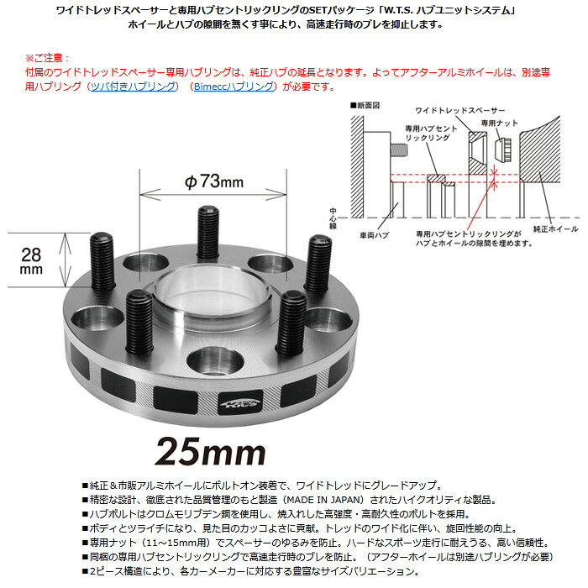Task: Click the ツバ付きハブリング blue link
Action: pyautogui.click(x=133, y=87)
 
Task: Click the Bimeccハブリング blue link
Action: pyautogui.click(x=234, y=87)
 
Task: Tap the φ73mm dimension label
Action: pyautogui.click(x=213, y=181)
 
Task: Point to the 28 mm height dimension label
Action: pyautogui.click(x=31, y=260)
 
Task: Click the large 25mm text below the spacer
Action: pyautogui.click(x=210, y=452)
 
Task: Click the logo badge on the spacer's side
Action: pyautogui.click(x=240, y=403)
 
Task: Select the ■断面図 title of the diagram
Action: pyautogui.click(x=365, y=105)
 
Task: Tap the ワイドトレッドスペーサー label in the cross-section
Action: pyautogui.click(x=460, y=110)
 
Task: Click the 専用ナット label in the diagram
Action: pyautogui.click(x=500, y=123)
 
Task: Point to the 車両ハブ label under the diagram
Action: pyautogui.click(x=375, y=235)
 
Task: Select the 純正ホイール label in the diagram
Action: pyautogui.click(x=556, y=228)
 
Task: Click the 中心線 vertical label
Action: pyautogui.click(x=333, y=218)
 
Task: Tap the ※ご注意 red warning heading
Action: pyautogui.click(x=47, y=58)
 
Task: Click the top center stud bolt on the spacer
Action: pyautogui.click(x=208, y=233)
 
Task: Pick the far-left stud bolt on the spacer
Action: pyautogui.click(x=102, y=261)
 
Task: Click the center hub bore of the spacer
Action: pyautogui.click(x=213, y=297)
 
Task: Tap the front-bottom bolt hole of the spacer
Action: pyautogui.click(x=215, y=363)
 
